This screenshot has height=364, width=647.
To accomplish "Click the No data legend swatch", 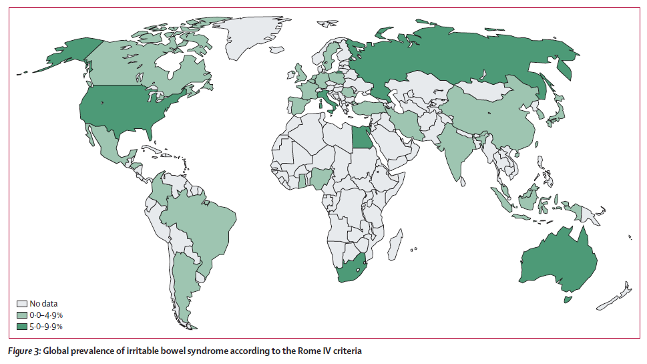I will point(21,303).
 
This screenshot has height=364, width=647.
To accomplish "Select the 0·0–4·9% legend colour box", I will point(21,315).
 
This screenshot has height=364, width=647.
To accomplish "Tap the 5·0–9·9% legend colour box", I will point(21,326).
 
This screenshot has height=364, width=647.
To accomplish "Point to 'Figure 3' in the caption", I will point(25,351).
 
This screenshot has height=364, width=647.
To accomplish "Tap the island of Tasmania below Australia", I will point(568,300).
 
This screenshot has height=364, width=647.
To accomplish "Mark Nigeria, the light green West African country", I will point(322,177).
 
